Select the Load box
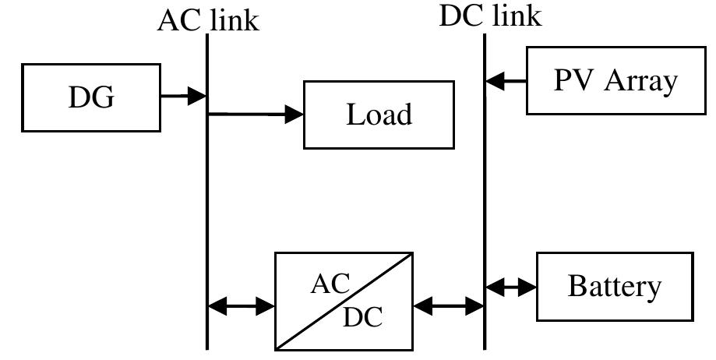point(378,115)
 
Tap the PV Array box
point(615,80)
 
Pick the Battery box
point(615,286)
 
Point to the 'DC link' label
point(490,16)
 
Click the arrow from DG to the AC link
point(184,97)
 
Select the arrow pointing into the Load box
point(257,115)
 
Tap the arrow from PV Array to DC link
point(506,79)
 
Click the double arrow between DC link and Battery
point(511,287)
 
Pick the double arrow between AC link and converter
point(242,306)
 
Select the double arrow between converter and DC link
point(449,306)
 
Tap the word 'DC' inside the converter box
point(362,318)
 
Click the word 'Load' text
point(379,115)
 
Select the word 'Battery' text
point(615,287)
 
